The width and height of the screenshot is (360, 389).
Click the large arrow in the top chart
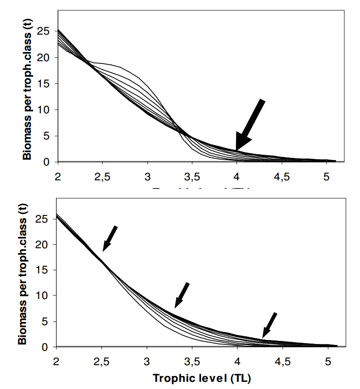[250, 125]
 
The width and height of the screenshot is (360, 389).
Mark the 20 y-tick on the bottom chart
[44, 245]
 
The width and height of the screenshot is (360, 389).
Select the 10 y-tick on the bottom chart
[44, 296]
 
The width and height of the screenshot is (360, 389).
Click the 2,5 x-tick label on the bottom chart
[102, 361]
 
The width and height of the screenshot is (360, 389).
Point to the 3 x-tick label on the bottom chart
[147, 361]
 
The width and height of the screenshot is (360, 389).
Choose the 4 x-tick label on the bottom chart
[237, 361]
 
